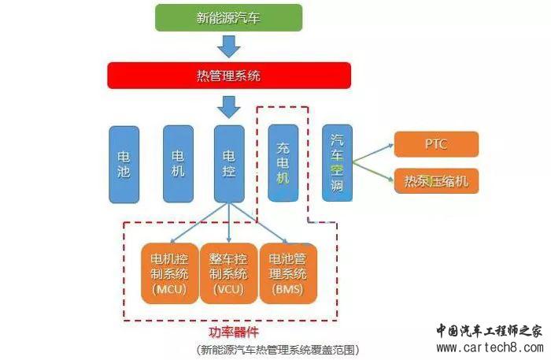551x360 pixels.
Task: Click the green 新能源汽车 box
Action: tap(228, 17)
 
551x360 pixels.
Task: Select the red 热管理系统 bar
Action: tap(228, 76)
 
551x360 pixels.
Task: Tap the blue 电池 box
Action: tap(124, 165)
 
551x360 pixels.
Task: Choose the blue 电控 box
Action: tap(229, 163)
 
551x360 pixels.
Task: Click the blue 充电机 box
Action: tap(283, 163)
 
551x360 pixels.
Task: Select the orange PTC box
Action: tap(435, 145)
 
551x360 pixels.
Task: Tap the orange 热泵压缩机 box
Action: tap(435, 181)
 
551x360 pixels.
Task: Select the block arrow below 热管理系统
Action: tap(228, 106)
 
